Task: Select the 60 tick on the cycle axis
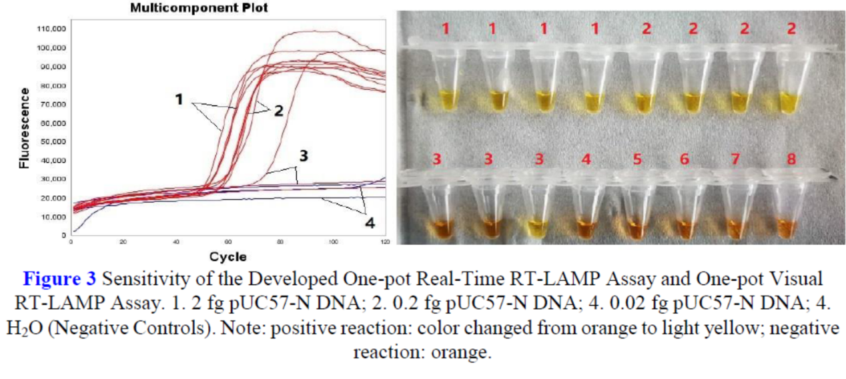pyautogui.click(x=228, y=242)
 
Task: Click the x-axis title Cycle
pyautogui.click(x=228, y=257)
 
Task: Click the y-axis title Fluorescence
pyautogui.click(x=24, y=127)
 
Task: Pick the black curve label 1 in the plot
pyautogui.click(x=179, y=99)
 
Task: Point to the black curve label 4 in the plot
pyautogui.click(x=369, y=223)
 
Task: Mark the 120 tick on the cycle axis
pyautogui.click(x=384, y=242)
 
